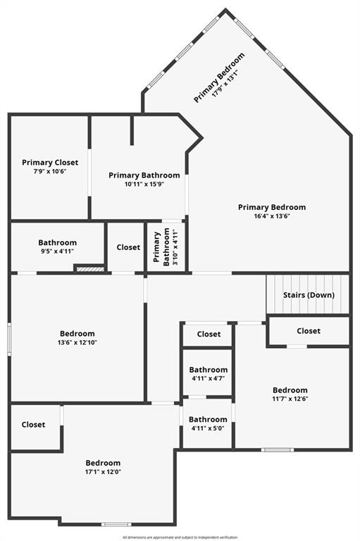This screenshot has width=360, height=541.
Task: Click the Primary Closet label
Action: pyautogui.click(x=50, y=163)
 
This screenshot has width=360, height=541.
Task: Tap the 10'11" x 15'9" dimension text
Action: pyautogui.click(x=144, y=185)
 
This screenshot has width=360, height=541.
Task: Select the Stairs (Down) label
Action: pyautogui.click(x=309, y=295)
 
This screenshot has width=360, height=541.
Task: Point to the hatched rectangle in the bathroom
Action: pyautogui.click(x=90, y=269)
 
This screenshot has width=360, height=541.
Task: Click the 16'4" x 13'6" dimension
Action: pyautogui.click(x=272, y=216)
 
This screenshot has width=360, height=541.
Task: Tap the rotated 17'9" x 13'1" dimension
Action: pyautogui.click(x=225, y=84)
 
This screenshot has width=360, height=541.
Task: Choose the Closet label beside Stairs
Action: pyautogui.click(x=309, y=331)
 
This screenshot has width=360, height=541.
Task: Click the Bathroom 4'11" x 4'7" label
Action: pyautogui.click(x=209, y=370)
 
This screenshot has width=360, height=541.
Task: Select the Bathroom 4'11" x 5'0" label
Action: pyautogui.click(x=208, y=420)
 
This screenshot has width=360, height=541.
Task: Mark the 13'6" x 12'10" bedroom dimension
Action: pyautogui.click(x=77, y=342)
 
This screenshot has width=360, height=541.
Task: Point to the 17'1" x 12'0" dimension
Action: pyautogui.click(x=103, y=472)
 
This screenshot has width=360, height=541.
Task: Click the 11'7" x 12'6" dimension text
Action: pyautogui.click(x=290, y=399)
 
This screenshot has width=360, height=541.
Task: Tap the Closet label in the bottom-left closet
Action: pyautogui.click(x=34, y=425)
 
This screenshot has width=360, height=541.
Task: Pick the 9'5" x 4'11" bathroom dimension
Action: pyautogui.click(x=57, y=251)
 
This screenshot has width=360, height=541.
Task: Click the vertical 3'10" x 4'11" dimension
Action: pyautogui.click(x=175, y=247)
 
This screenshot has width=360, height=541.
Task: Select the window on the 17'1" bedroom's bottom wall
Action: pyautogui.click(x=116, y=524)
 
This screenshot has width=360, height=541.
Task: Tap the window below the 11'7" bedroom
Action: pyautogui.click(x=278, y=449)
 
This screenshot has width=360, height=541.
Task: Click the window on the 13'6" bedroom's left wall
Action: pyautogui.click(x=9, y=339)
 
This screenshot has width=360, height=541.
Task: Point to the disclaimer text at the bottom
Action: pyautogui.click(x=180, y=537)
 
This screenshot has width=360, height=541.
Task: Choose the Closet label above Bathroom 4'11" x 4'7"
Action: pyautogui.click(x=209, y=335)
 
